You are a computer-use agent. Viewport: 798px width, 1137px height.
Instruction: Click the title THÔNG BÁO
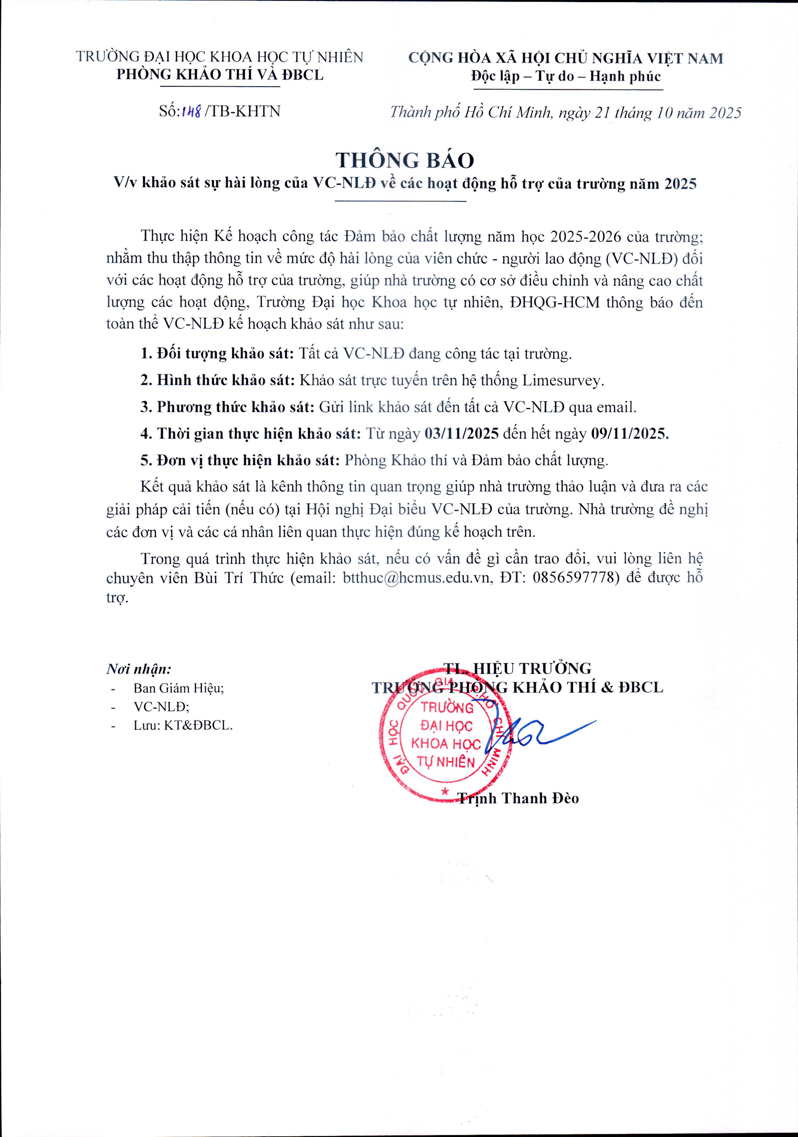[405, 160]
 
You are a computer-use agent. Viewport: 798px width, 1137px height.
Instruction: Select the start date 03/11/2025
[462, 434]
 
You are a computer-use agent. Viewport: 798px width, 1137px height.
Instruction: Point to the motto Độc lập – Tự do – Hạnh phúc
[566, 77]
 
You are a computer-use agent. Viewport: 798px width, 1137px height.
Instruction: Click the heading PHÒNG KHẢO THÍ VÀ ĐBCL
[219, 74]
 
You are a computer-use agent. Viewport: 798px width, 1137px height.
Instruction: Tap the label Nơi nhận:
[139, 670]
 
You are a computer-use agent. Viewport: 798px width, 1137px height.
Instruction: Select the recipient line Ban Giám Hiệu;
[178, 688]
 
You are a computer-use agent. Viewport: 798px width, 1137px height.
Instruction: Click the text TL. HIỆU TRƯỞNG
[518, 669]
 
